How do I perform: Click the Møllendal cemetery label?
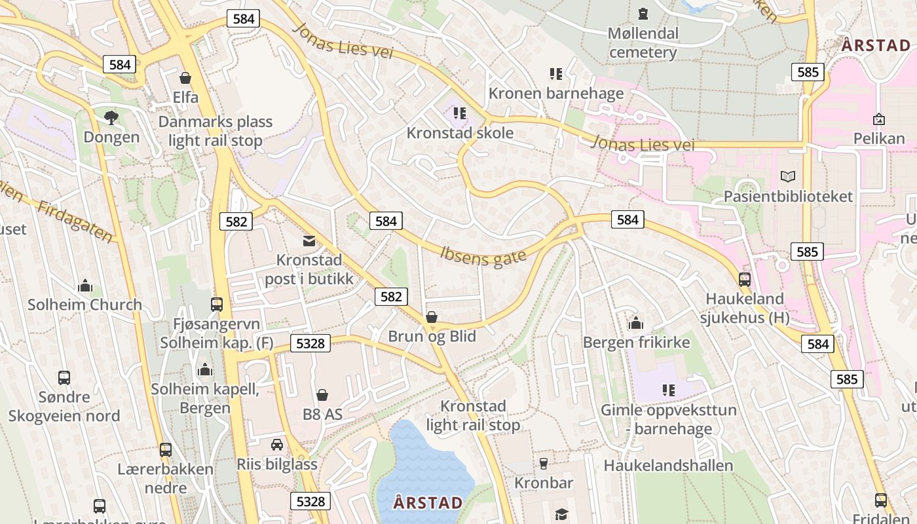[x=643, y=43]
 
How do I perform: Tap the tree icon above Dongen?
[x=111, y=118]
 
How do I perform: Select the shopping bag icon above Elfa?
[x=185, y=78]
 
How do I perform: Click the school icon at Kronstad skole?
[x=460, y=113]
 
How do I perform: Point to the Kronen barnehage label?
[x=556, y=93]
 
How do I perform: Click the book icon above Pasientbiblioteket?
[x=788, y=176]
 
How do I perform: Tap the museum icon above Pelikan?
[x=879, y=119]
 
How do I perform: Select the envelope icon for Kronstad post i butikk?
[x=309, y=241]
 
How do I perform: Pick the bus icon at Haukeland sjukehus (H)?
[x=745, y=280]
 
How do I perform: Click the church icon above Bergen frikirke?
[x=636, y=323]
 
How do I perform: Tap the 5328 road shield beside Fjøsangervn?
[x=310, y=343]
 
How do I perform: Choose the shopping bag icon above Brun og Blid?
[x=432, y=318]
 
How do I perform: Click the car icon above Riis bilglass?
[x=277, y=445]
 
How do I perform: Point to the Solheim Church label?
[x=84, y=305]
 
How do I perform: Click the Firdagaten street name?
[x=75, y=221]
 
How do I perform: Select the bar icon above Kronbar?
[x=543, y=464]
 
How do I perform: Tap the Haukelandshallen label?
[x=668, y=466]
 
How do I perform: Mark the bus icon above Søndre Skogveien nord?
[x=64, y=378]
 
